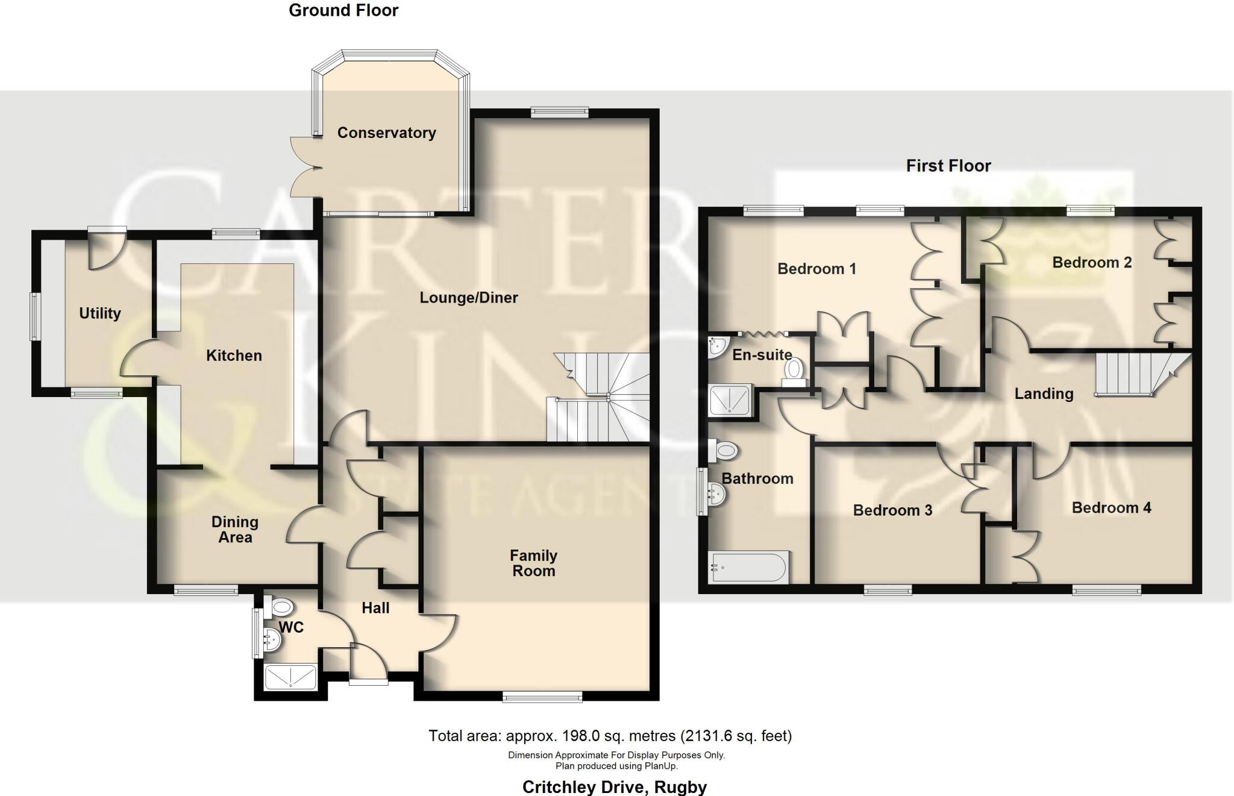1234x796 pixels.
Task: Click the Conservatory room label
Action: pyautogui.click(x=386, y=133)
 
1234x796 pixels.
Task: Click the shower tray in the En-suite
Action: pyautogui.click(x=730, y=400)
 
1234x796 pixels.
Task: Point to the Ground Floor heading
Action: pyautogui.click(x=343, y=10)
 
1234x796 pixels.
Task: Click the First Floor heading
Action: pyautogui.click(x=948, y=166)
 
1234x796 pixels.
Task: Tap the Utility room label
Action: pyautogui.click(x=100, y=313)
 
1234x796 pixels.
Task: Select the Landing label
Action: pyautogui.click(x=1044, y=394)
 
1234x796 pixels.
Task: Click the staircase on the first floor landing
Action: pyautogui.click(x=1133, y=374)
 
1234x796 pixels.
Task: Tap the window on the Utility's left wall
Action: pyautogui.click(x=36, y=316)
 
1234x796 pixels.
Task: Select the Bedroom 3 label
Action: pyautogui.click(x=892, y=510)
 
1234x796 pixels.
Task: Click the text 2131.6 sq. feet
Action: pyautogui.click(x=736, y=736)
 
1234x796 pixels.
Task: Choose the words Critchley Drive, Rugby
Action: pyautogui.click(x=614, y=787)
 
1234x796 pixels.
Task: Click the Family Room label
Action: pyautogui.click(x=533, y=563)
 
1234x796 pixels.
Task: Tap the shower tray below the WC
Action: pyautogui.click(x=290, y=677)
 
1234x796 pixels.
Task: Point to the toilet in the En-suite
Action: pyautogui.click(x=794, y=370)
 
